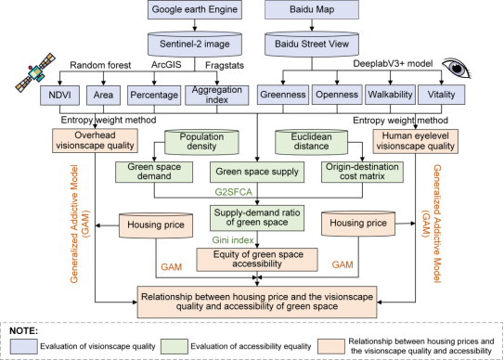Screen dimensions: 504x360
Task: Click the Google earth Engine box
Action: [x=195, y=9]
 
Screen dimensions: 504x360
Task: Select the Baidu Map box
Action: [x=312, y=9]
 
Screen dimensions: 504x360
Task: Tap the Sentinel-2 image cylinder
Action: [x=195, y=44]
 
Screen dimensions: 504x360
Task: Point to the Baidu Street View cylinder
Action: [x=312, y=44]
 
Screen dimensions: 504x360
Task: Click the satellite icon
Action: [x=35, y=72]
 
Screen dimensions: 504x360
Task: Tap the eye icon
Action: [x=457, y=69]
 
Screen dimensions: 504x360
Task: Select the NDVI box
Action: [x=59, y=95]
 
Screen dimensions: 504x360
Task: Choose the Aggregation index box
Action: [x=217, y=95]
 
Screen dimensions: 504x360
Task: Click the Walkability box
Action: [x=390, y=95]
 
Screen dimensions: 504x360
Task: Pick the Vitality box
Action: [x=441, y=95]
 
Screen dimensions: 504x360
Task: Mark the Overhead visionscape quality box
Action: [x=95, y=140]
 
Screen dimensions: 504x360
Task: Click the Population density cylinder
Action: [x=201, y=142]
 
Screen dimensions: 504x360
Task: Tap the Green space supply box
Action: [x=257, y=172]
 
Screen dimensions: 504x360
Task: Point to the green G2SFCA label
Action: [x=233, y=193]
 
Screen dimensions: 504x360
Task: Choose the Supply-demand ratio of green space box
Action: [x=257, y=218]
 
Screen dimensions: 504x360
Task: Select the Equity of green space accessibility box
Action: [x=257, y=260]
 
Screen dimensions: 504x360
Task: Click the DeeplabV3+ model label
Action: [x=393, y=64]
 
